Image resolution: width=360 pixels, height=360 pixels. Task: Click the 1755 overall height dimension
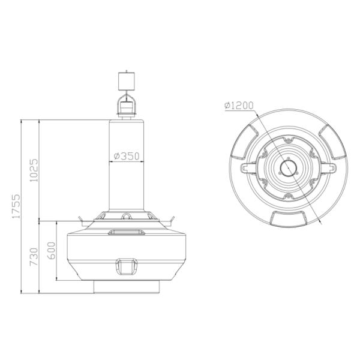16,206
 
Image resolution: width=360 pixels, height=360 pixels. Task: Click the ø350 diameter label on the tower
126,156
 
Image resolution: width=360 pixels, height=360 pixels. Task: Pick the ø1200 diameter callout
239,106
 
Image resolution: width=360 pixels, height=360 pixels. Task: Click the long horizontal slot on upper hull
126,232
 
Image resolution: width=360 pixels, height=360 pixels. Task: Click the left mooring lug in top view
247,169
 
